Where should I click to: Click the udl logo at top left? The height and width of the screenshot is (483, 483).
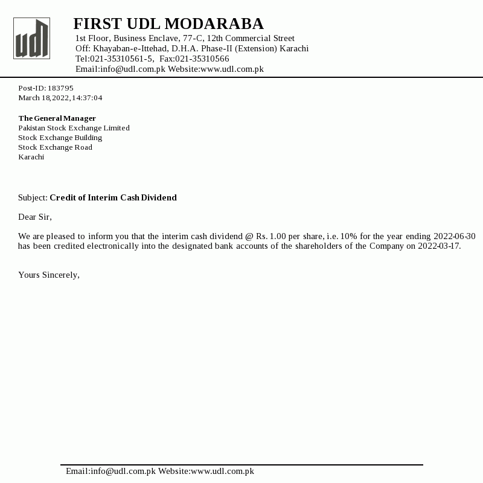(31, 38)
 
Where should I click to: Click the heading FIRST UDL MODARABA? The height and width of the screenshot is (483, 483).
(168, 24)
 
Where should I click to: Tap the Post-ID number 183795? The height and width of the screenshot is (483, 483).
(60, 88)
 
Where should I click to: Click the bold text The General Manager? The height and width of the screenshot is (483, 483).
(57, 118)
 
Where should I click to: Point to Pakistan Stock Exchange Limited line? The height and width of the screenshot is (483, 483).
(74, 128)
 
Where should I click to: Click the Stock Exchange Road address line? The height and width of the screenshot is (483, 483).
(55, 147)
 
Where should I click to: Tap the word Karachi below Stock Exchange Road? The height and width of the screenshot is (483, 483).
(31, 157)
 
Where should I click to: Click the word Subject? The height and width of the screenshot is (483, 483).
(33, 197)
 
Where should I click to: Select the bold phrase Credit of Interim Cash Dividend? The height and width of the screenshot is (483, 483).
(113, 197)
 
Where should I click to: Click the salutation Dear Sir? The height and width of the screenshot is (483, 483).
(35, 217)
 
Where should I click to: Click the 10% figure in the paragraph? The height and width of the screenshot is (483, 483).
(349, 236)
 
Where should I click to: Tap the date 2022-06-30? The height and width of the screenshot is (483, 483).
(455, 236)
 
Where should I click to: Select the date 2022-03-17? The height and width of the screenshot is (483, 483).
(439, 246)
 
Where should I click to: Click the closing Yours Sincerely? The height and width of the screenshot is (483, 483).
(49, 275)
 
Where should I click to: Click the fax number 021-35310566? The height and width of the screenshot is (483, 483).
(202, 59)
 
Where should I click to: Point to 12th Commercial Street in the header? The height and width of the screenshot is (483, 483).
(251, 38)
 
